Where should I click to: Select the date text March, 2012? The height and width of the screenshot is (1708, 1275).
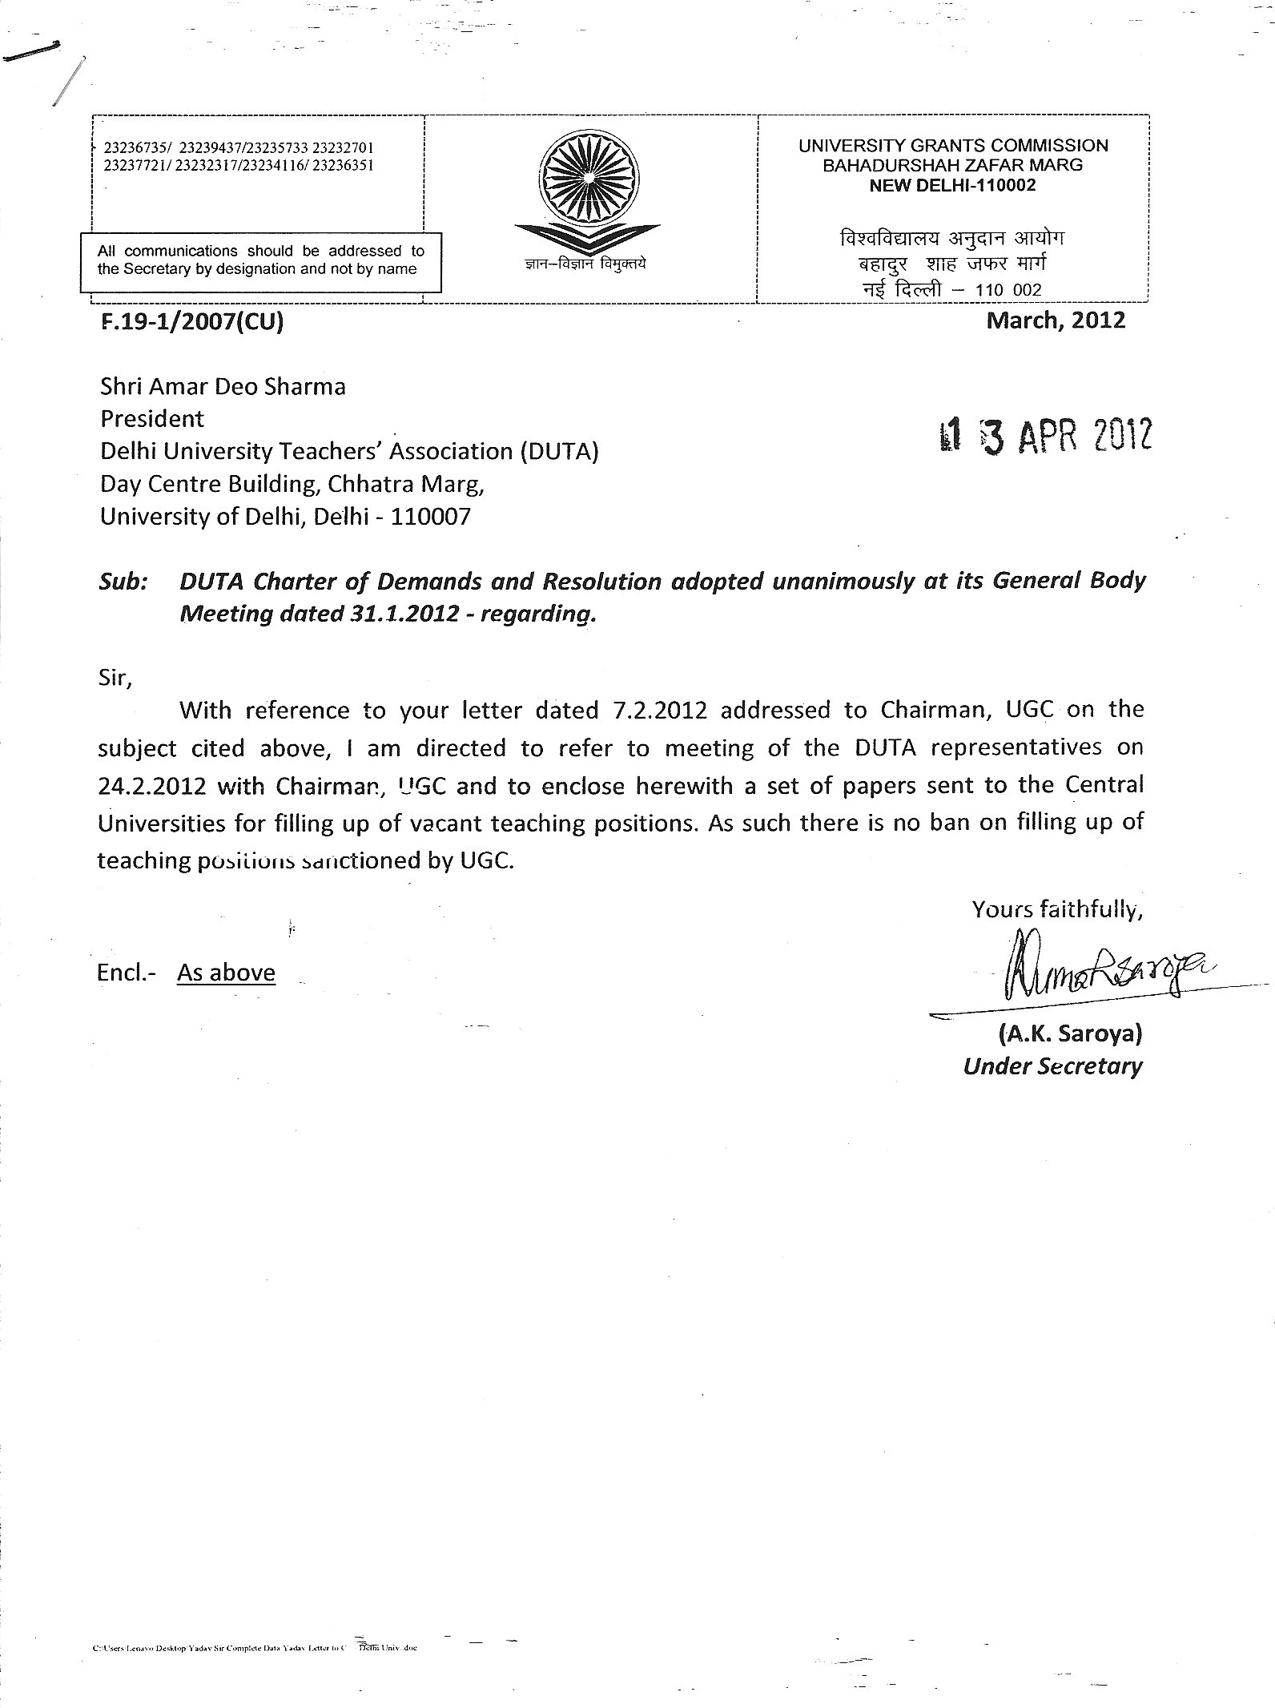[x=1056, y=320]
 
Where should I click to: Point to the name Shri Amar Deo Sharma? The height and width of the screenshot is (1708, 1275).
[x=223, y=387]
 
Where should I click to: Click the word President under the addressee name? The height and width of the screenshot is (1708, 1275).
[x=151, y=419]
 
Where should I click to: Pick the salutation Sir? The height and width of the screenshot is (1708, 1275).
[x=114, y=679]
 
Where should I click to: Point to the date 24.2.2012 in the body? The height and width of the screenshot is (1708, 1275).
[x=152, y=786]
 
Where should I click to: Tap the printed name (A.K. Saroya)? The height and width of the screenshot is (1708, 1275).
[x=1069, y=1033]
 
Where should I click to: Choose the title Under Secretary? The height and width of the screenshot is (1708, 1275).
[x=1053, y=1066]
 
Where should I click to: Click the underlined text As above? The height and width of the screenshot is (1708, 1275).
[x=226, y=973]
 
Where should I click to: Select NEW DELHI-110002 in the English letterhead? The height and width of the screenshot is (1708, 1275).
[x=953, y=185]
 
